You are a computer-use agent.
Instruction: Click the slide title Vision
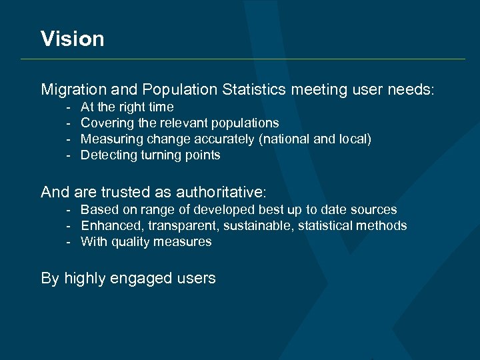click(x=72, y=39)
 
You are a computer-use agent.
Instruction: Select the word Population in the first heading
click(x=179, y=89)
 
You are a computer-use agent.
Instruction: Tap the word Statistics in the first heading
click(x=254, y=89)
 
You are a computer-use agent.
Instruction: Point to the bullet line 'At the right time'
click(x=127, y=107)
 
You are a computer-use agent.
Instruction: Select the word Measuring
click(x=108, y=139)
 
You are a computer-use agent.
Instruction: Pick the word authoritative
click(x=221, y=193)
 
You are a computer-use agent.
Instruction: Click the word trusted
click(x=127, y=193)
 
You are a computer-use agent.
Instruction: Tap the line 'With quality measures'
click(x=146, y=242)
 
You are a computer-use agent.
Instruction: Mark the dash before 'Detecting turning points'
click(x=68, y=155)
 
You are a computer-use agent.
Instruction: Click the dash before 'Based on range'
click(x=68, y=210)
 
